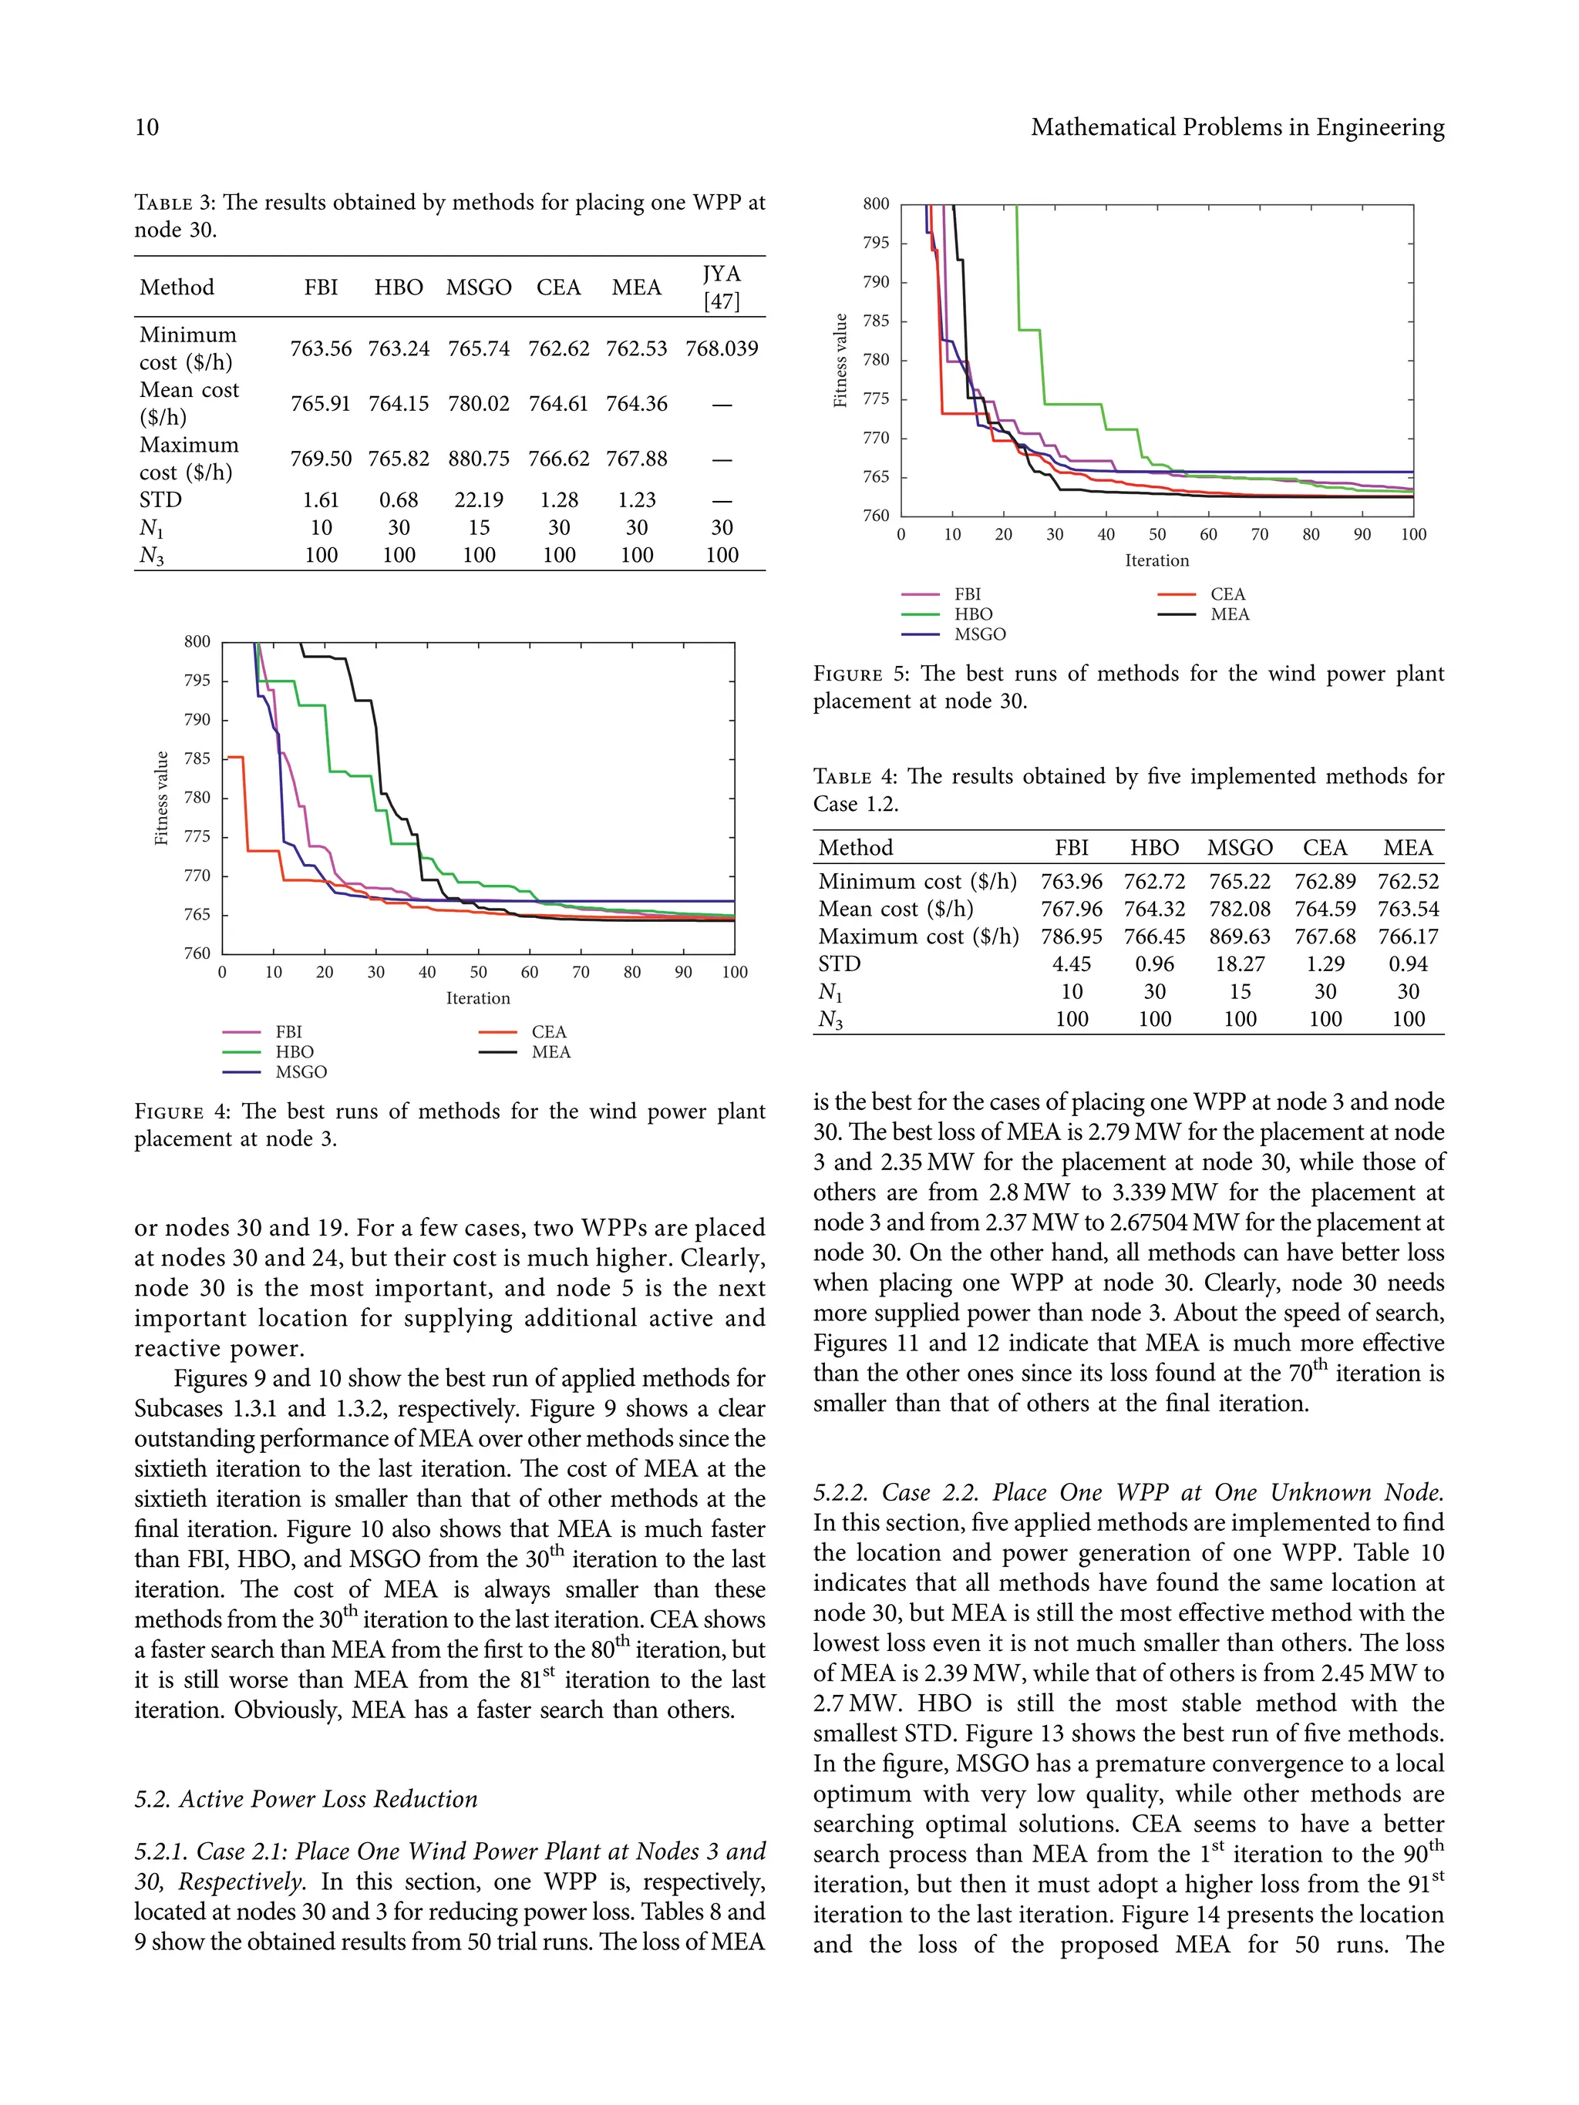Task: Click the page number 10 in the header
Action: click(x=146, y=127)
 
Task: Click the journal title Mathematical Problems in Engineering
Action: click(x=1237, y=127)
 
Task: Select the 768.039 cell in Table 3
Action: click(x=722, y=349)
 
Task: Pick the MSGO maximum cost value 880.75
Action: click(x=479, y=459)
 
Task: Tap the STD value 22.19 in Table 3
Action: click(x=479, y=500)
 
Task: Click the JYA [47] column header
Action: click(x=722, y=288)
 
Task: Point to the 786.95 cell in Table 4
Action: click(x=1071, y=936)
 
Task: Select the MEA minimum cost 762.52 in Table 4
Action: click(x=1408, y=883)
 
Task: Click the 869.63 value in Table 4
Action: click(x=1239, y=936)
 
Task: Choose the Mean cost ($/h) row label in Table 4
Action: click(x=896, y=910)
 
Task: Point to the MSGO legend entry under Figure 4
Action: click(x=301, y=1072)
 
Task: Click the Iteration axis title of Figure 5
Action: click(x=1156, y=561)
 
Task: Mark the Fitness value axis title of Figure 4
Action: click(x=162, y=799)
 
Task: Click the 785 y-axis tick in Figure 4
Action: click(x=197, y=759)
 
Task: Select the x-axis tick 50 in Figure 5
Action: click(x=1156, y=535)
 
